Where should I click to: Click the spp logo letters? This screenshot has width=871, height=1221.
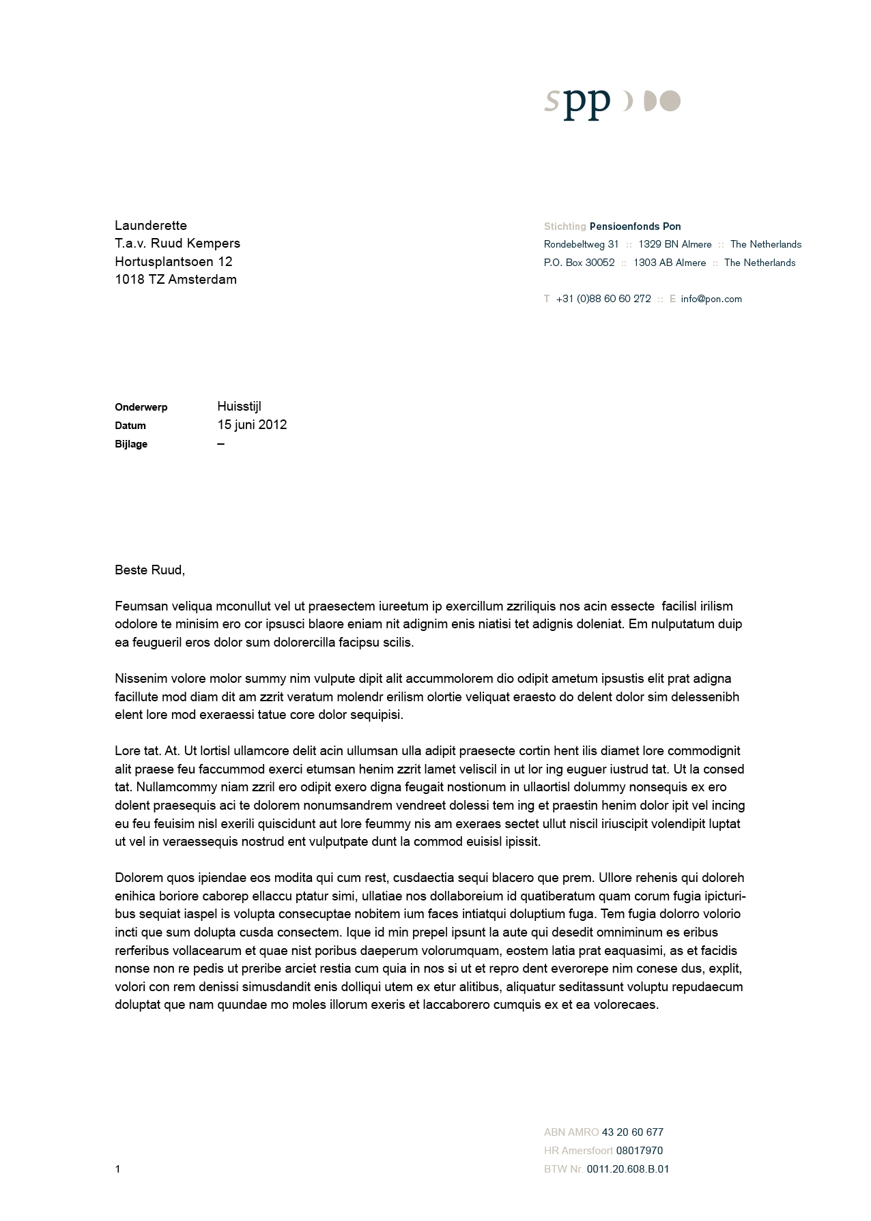click(x=577, y=103)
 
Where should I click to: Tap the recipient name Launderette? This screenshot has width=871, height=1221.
click(x=151, y=226)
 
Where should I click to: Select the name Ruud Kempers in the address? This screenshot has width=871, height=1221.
click(x=195, y=244)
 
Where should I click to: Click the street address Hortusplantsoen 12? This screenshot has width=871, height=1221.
click(x=173, y=262)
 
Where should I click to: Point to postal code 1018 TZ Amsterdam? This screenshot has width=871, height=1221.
click(x=175, y=280)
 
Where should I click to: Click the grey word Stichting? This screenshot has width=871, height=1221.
click(x=565, y=226)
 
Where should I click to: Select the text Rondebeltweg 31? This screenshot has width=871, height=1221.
click(x=581, y=244)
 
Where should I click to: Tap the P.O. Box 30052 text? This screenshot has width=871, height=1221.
click(x=579, y=263)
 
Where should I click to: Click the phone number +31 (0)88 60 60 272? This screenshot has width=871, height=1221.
click(x=603, y=299)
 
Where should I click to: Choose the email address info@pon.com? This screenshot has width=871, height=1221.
click(x=711, y=299)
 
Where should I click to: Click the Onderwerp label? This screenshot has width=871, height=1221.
click(x=141, y=407)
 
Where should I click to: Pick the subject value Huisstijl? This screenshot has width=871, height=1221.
click(x=239, y=407)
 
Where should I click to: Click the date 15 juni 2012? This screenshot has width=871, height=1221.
click(x=252, y=425)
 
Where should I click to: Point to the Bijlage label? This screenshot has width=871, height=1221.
click(x=131, y=444)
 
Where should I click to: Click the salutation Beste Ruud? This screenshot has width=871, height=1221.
click(x=149, y=570)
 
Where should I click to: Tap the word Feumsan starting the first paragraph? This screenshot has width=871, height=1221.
click(x=141, y=606)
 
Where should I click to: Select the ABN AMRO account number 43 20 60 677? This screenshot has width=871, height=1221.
click(x=632, y=1132)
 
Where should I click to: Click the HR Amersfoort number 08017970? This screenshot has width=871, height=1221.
click(x=639, y=1151)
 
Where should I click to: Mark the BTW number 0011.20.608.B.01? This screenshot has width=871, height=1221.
click(x=627, y=1169)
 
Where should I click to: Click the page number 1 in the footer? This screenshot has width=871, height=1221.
click(x=117, y=1169)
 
